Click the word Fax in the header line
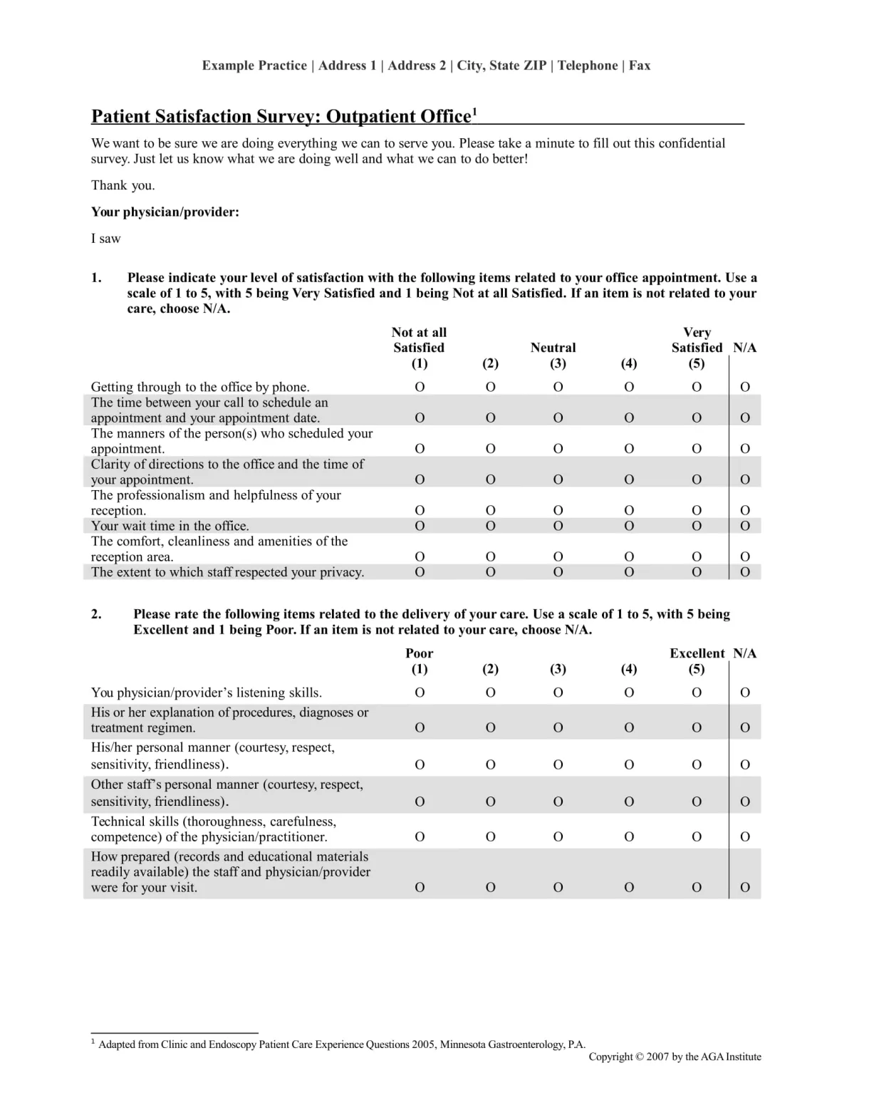pos(639,66)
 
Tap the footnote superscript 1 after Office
pos(475,110)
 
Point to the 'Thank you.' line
pos(123,185)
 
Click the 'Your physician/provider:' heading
pos(165,212)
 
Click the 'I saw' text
pos(105,239)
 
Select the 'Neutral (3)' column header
pos(553,355)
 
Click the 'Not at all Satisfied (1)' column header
pos(419,348)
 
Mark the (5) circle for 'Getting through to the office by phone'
pos(697,387)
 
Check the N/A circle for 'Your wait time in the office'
pos(745,526)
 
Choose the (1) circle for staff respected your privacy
pos(420,572)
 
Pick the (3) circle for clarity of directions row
pos(558,479)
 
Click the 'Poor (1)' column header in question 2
pos(420,660)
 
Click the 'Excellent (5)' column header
pos(697,660)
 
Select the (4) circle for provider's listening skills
pos(629,693)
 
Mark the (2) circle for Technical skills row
pos(490,836)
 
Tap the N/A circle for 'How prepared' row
pos(745,888)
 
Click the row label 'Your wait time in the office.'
pos(170,526)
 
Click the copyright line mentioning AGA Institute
pos(674,1057)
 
